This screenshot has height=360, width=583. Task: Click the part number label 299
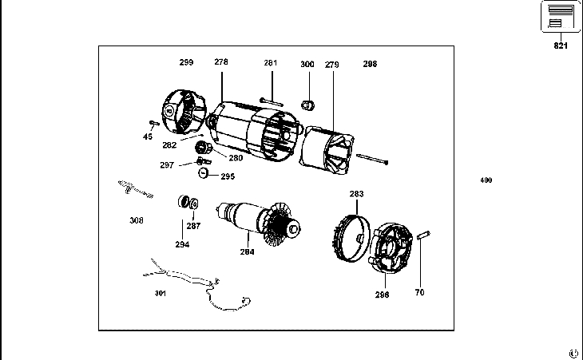pyautogui.click(x=186, y=61)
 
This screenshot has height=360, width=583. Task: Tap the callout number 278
pyautogui.click(x=221, y=61)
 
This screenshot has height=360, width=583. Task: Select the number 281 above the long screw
pyautogui.click(x=271, y=62)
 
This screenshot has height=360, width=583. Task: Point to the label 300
pyautogui.click(x=307, y=63)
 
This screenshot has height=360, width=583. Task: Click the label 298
pyautogui.click(x=370, y=63)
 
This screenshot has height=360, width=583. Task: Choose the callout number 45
pyautogui.click(x=148, y=136)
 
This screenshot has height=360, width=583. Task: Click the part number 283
pyautogui.click(x=356, y=193)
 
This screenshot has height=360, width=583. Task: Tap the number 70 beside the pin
pyautogui.click(x=419, y=292)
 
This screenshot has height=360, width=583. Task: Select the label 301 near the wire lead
pyautogui.click(x=161, y=293)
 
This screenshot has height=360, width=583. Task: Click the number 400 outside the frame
pyautogui.click(x=486, y=180)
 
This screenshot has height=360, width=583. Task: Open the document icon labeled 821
pyautogui.click(x=561, y=17)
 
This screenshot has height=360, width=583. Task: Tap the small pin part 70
pyautogui.click(x=425, y=234)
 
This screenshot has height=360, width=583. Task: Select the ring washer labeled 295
pyautogui.click(x=204, y=173)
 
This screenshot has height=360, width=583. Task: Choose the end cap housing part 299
pyautogui.click(x=182, y=113)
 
